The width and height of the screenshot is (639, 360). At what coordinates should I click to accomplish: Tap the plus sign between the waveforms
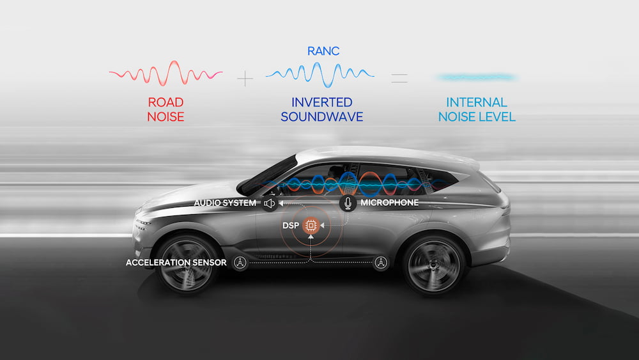click(245, 79)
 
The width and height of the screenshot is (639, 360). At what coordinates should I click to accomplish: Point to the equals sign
click(399, 79)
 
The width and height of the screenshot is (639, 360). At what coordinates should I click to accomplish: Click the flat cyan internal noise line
click(476, 77)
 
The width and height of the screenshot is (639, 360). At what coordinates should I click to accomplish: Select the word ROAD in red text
click(166, 102)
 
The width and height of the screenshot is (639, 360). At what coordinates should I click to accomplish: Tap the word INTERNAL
click(476, 102)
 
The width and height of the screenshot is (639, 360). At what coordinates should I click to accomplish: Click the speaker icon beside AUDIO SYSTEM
click(269, 203)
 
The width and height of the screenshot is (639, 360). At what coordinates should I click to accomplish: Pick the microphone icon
click(348, 203)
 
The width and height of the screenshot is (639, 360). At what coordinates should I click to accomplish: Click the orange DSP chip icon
click(311, 226)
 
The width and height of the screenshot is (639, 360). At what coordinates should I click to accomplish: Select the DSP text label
click(291, 226)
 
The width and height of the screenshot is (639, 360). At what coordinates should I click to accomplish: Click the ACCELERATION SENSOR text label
click(176, 263)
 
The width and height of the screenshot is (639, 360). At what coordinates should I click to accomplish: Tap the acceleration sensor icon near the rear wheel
click(381, 262)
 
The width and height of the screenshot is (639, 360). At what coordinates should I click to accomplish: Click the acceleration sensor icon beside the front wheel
click(240, 263)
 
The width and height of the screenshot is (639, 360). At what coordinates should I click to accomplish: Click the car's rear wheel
click(434, 263)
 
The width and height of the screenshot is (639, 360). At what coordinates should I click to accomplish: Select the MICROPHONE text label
click(390, 203)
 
